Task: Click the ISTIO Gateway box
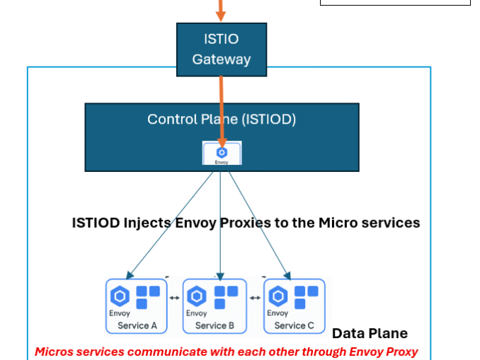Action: click(222, 49)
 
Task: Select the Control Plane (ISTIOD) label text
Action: click(221, 119)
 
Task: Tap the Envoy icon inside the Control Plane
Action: click(222, 153)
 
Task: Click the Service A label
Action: click(137, 325)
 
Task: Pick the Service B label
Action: click(215, 325)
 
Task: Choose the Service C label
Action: click(295, 325)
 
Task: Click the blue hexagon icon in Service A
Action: click(120, 296)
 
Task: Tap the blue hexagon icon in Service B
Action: click(198, 296)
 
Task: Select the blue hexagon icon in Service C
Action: click(278, 296)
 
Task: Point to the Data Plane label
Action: click(370, 334)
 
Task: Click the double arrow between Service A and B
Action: click(174, 298)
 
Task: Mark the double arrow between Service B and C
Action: click(255, 298)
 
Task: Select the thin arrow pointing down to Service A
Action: click(170, 223)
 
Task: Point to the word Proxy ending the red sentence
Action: click(400, 352)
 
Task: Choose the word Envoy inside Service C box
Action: click(278, 313)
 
